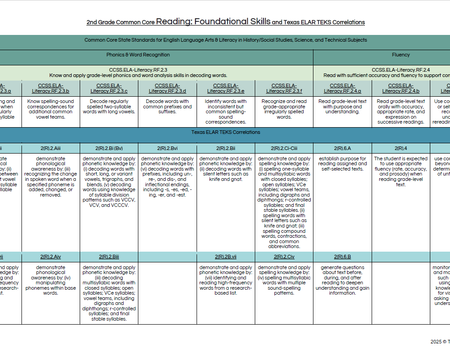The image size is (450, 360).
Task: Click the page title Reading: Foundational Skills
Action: pos(213,21)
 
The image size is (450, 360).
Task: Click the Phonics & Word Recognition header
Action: pos(138,55)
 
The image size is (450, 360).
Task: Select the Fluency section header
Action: pos(400,55)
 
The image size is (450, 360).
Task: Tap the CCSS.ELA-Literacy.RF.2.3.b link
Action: pos(51,88)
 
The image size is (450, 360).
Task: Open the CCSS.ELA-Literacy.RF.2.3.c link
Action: pos(109,88)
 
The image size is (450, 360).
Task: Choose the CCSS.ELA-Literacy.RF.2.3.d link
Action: pos(167,88)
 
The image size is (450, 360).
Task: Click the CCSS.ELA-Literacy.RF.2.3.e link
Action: pos(226,88)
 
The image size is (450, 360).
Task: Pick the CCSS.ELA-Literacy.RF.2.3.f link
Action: pos(284,88)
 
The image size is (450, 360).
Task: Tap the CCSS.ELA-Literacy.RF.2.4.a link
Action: pos(342,88)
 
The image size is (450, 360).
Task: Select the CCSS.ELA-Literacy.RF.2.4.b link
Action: pos(401,88)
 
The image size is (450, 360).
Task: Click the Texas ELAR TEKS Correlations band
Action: pos(226,132)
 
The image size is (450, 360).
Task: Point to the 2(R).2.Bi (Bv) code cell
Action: pos(109,148)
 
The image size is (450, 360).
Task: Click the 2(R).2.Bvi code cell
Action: pos(167,148)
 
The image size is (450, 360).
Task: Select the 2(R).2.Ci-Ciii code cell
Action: pos(284,148)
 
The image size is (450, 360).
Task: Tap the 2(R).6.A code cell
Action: pos(342,148)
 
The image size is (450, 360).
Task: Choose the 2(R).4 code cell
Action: pos(401,148)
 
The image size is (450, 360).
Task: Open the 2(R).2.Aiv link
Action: pos(51,257)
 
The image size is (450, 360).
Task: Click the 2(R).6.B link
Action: pos(342,257)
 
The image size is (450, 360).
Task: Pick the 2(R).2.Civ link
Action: pos(284,257)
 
